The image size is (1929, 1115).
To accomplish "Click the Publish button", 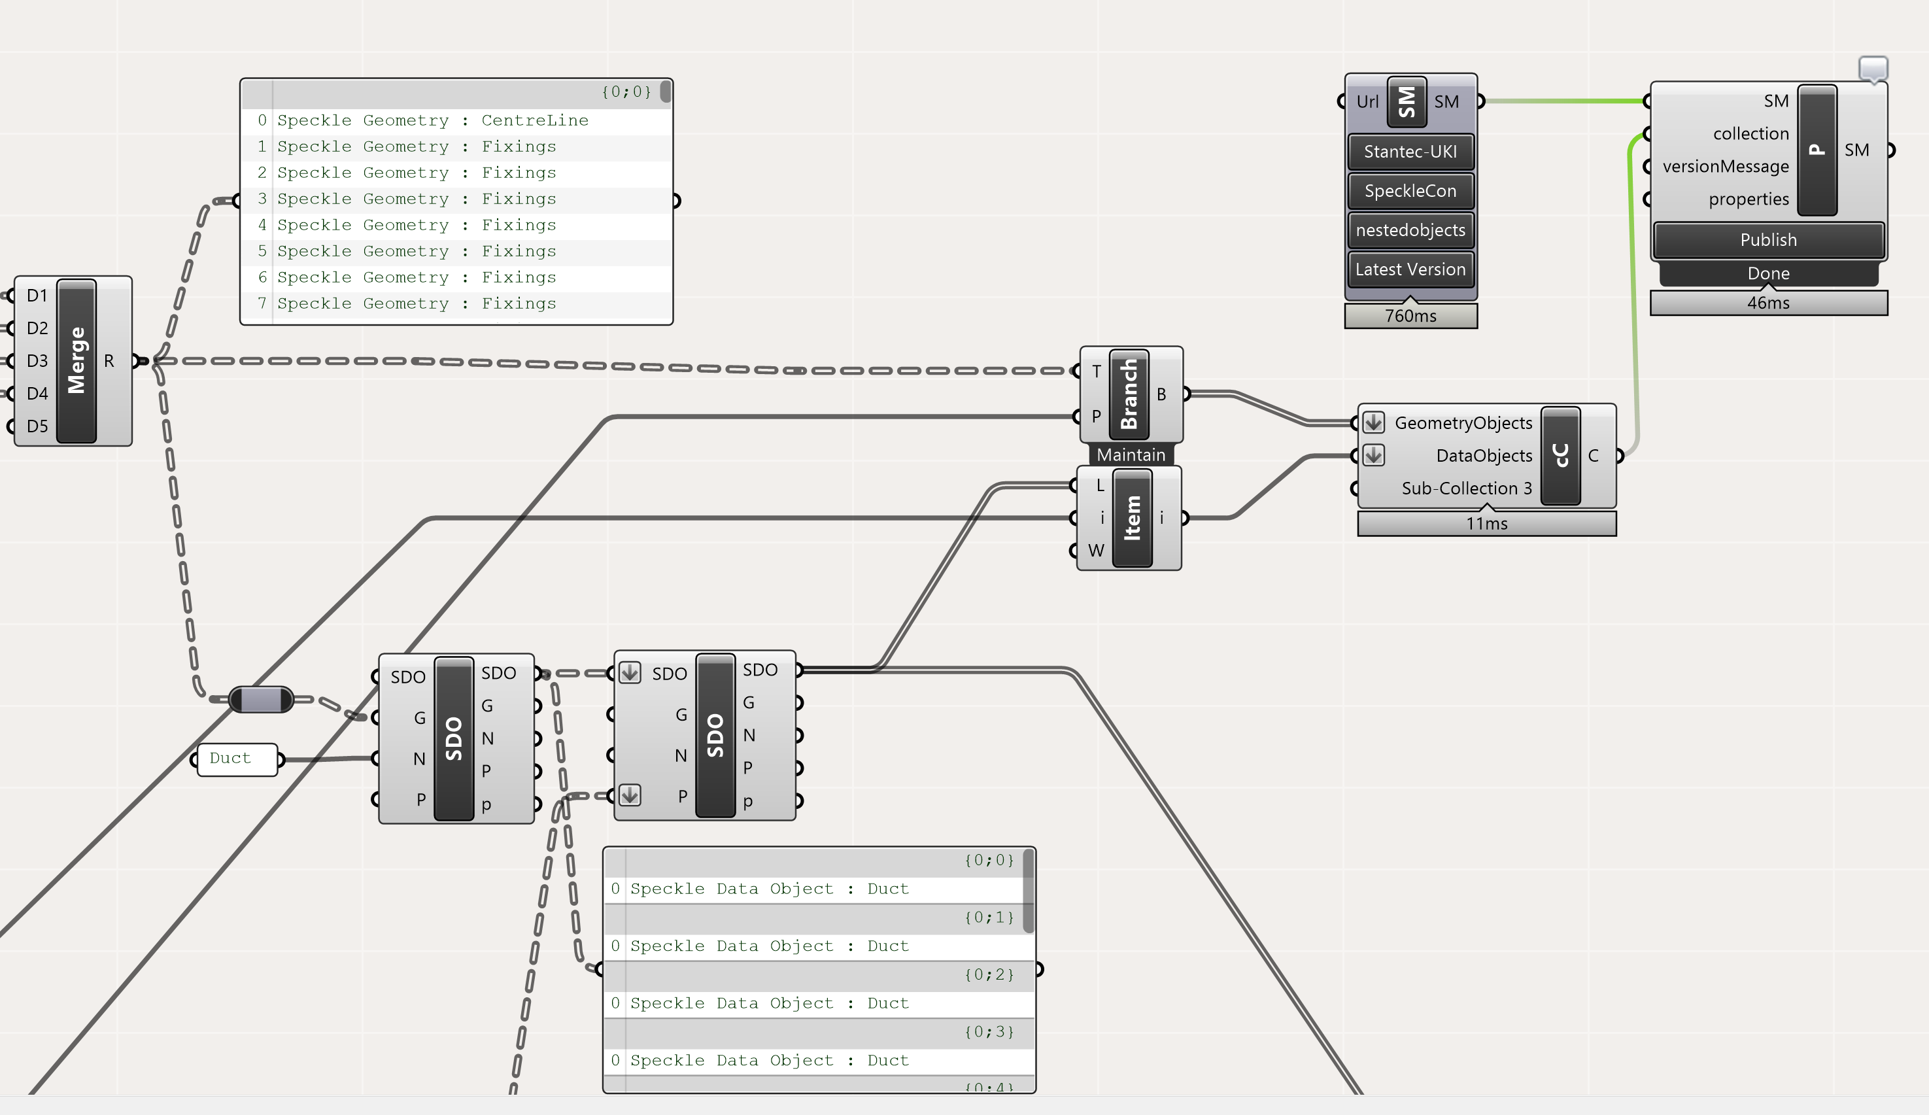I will click(x=1767, y=240).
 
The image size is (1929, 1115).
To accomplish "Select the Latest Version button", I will click(x=1410, y=269).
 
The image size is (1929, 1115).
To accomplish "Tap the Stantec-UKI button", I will click(x=1410, y=152).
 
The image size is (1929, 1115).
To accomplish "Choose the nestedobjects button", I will click(x=1410, y=230).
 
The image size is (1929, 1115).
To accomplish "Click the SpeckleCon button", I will click(x=1410, y=191).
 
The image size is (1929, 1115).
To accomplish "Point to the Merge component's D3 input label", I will click(x=37, y=361).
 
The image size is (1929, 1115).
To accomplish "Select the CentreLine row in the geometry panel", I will click(x=432, y=120).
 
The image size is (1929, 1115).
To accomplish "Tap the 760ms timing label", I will click(x=1410, y=315).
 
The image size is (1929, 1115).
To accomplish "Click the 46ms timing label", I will click(x=1767, y=303).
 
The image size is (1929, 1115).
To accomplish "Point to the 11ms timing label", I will click(x=1486, y=524).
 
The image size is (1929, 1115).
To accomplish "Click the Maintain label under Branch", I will click(x=1131, y=455).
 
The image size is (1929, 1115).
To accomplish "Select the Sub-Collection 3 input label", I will click(x=1466, y=489).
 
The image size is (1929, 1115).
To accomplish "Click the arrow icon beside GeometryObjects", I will click(x=1373, y=422).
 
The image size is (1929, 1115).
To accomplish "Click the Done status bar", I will click(x=1767, y=273).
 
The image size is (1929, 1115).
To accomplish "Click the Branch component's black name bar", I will click(x=1129, y=394).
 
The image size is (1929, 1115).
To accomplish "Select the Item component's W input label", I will click(x=1095, y=551).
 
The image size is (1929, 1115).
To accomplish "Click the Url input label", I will click(x=1367, y=102).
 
